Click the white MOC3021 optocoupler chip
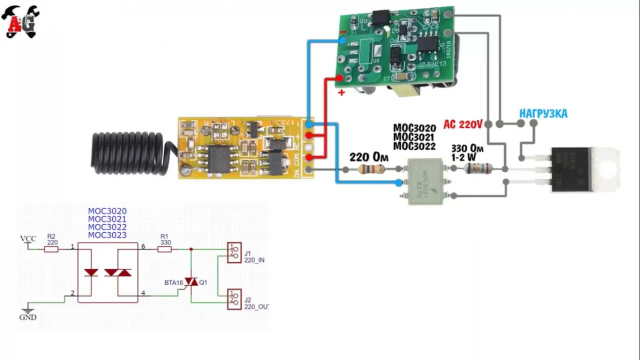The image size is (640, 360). pos(425,181)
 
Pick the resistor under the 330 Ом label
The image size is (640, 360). pos(475,169)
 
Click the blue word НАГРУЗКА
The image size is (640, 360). pos(543,114)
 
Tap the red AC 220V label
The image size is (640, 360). pos(462,123)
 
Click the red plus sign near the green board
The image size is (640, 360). pos(341,93)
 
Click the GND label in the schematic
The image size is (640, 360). pos(27,317)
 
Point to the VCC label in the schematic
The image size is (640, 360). pos(27,238)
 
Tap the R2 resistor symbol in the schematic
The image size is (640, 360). pos(51,248)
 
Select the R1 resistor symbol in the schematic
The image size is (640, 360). pos(165,248)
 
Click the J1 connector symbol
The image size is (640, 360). pos(232,252)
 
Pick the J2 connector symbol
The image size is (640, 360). pos(232,298)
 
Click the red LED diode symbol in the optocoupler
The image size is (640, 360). pos(91,272)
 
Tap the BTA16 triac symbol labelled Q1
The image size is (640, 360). pos(191,282)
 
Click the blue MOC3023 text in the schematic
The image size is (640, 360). pos(107,235)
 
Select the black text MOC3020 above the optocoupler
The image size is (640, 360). pos(414,128)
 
